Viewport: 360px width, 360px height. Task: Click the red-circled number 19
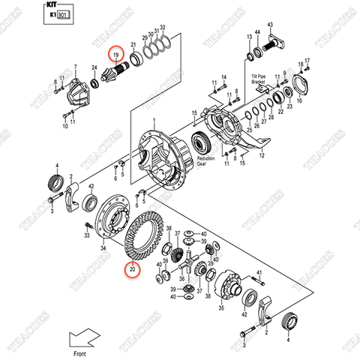tap(116, 55)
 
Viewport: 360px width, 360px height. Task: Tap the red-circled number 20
tap(132, 270)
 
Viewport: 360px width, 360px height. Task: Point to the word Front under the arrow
tap(80, 352)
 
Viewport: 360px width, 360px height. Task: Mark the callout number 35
tap(220, 308)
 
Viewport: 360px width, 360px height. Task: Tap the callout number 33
tap(86, 235)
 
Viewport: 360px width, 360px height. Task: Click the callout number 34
tap(103, 248)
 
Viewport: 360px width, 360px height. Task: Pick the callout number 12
tap(261, 156)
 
